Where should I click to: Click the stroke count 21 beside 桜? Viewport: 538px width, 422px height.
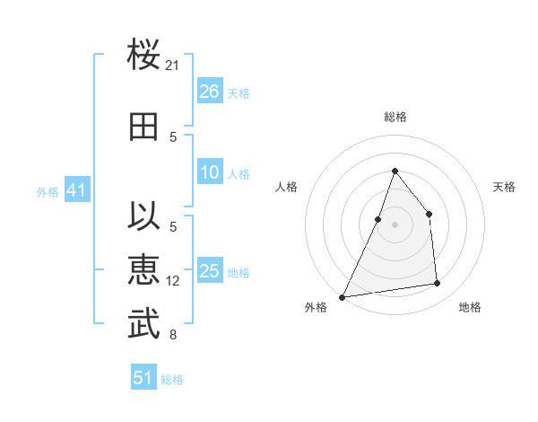pos(173,65)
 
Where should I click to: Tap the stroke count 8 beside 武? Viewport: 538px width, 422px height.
pos(173,336)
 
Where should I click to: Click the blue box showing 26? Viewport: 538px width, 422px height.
pos(210,92)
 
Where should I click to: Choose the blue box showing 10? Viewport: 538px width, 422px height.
pos(210,172)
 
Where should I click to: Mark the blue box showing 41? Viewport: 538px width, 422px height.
pos(76,190)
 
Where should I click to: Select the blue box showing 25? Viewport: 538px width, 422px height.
pos(210,271)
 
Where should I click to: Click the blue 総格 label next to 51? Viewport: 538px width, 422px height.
pos(172,380)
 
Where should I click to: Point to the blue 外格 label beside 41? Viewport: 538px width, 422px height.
pos(48,192)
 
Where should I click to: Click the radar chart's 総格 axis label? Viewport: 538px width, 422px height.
pos(395,117)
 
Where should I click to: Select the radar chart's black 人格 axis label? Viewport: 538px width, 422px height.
pos(287,187)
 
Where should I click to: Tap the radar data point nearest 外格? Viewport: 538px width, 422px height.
pos(342,296)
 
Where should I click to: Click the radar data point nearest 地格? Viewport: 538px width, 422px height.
pos(438,284)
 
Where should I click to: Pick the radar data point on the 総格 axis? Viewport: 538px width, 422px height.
pos(395,171)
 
